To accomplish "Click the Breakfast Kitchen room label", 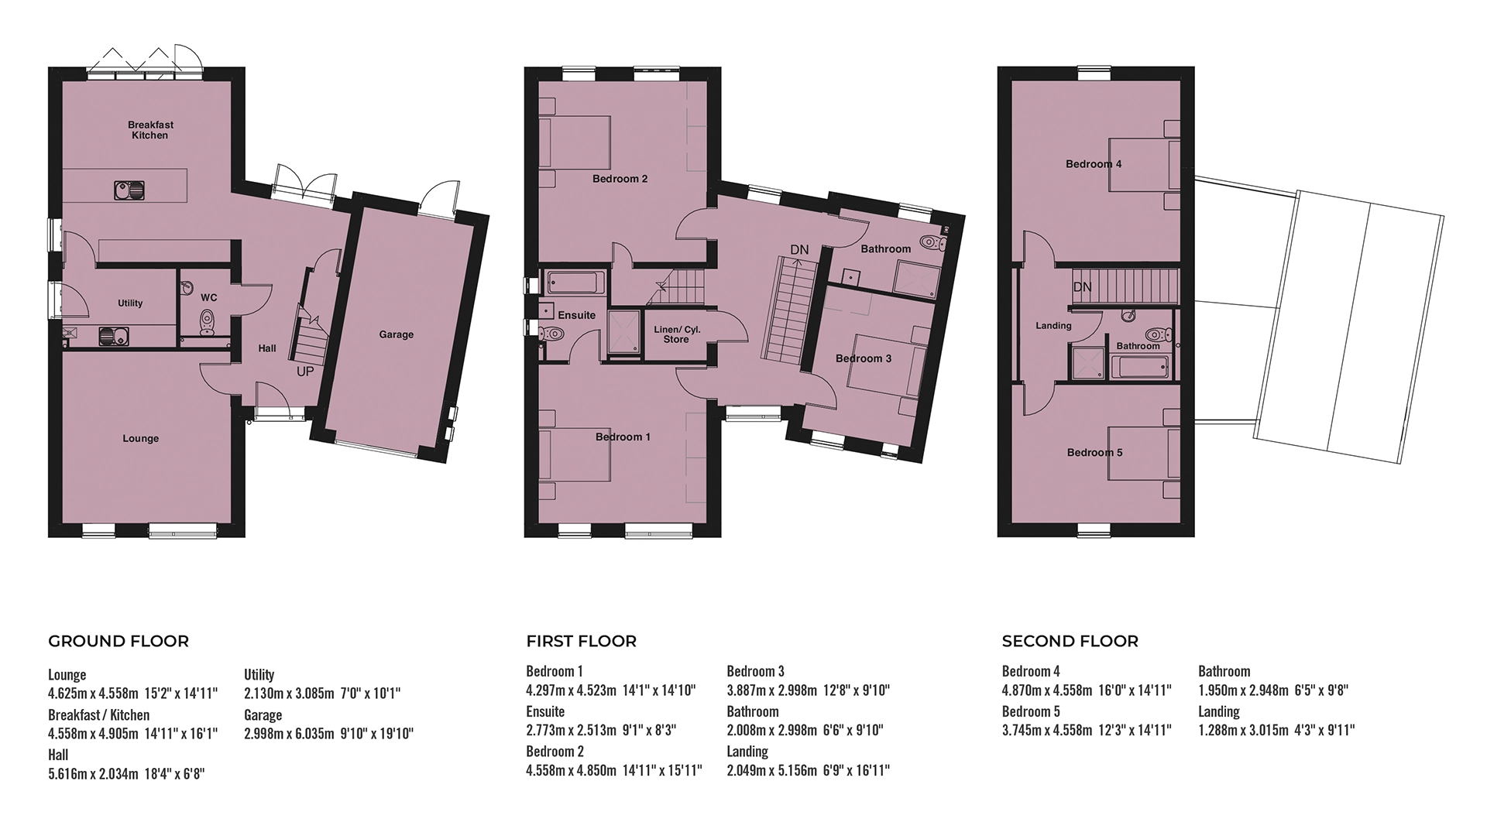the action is [x=150, y=130].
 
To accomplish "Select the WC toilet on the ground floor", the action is [x=207, y=323].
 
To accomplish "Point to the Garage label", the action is [x=396, y=334].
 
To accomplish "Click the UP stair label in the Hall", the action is [x=305, y=372].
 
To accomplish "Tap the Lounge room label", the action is [x=140, y=438].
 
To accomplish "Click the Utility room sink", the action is [x=114, y=336].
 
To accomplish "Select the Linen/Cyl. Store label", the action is [x=677, y=334].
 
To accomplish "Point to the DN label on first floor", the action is [x=799, y=249].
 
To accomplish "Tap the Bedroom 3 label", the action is [x=864, y=358].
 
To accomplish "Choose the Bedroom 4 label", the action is [x=1094, y=164].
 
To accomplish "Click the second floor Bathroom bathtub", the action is [x=1143, y=367].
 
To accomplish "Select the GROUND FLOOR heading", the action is [x=118, y=641].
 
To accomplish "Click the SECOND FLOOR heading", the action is [x=1070, y=641].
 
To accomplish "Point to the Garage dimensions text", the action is [x=329, y=733].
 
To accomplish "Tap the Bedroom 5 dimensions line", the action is [x=1087, y=729].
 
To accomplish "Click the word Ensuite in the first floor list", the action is [x=545, y=711].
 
